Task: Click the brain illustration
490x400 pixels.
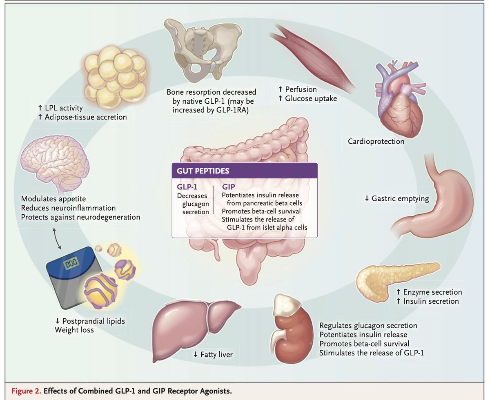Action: (55, 161)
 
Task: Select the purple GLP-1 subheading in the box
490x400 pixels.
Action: (187, 187)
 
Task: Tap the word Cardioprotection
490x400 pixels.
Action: (376, 142)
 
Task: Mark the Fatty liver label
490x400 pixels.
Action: (213, 354)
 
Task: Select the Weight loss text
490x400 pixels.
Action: (74, 329)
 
